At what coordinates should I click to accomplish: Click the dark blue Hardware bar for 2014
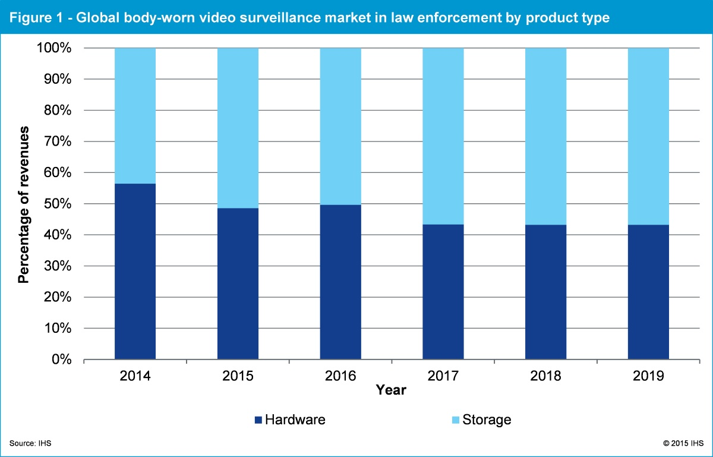click(x=135, y=272)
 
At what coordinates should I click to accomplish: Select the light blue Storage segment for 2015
click(x=238, y=128)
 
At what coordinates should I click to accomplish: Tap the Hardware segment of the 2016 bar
click(x=340, y=282)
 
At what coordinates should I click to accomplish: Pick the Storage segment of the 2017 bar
click(x=443, y=135)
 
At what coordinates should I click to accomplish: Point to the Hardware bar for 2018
click(x=545, y=292)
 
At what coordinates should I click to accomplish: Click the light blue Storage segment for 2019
click(x=648, y=136)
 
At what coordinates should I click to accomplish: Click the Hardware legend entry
click(x=289, y=420)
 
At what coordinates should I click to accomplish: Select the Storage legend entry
click(x=481, y=420)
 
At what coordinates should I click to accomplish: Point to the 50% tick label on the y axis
click(x=57, y=204)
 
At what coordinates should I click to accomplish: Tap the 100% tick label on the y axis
click(x=54, y=48)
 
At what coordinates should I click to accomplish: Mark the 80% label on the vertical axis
click(x=57, y=111)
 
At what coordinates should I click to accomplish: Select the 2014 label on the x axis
click(x=135, y=376)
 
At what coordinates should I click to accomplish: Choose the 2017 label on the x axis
click(x=443, y=376)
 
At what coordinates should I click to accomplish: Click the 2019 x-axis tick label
click(x=648, y=376)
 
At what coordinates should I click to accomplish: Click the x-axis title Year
click(x=391, y=390)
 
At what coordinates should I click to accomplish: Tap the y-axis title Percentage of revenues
click(x=24, y=204)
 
